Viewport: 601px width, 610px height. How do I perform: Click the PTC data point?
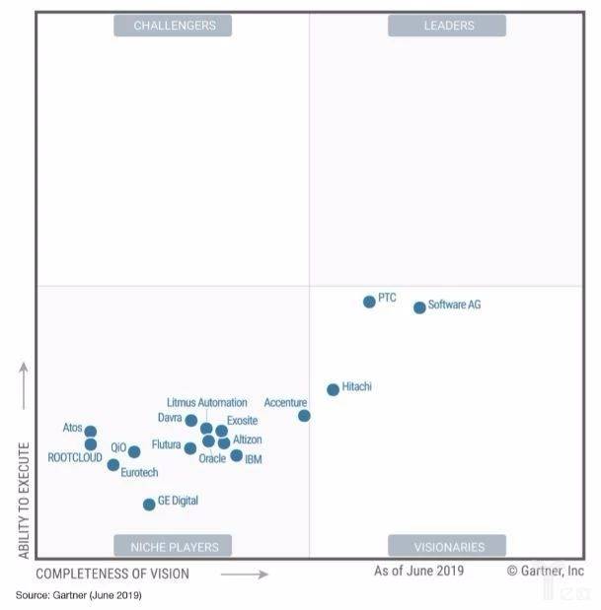coord(369,302)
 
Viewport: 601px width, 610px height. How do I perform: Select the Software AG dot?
coord(419,307)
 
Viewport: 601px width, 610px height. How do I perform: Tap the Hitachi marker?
coord(333,389)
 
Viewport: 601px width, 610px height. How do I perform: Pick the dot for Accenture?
coord(304,416)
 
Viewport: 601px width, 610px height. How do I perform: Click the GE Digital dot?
coord(149,505)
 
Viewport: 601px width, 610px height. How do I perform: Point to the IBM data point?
coord(237,455)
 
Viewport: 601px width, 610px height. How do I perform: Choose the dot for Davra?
coord(191,421)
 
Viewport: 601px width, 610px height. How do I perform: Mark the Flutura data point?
coord(190,448)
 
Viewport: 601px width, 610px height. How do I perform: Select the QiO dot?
coord(134,452)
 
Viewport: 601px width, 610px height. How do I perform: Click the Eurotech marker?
coord(113,465)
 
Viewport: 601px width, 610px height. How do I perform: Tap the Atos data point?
coord(91,432)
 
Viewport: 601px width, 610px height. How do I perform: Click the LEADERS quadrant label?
coord(448,26)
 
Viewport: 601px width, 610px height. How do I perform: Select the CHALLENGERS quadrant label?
coord(174,26)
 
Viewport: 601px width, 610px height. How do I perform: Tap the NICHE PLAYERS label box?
coord(174,546)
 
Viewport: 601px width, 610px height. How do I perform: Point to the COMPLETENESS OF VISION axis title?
coord(113,574)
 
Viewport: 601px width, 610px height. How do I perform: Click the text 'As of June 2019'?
coord(418,571)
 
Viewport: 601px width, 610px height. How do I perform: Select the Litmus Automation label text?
coord(207,403)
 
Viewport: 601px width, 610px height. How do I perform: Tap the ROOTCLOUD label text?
coord(75,457)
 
